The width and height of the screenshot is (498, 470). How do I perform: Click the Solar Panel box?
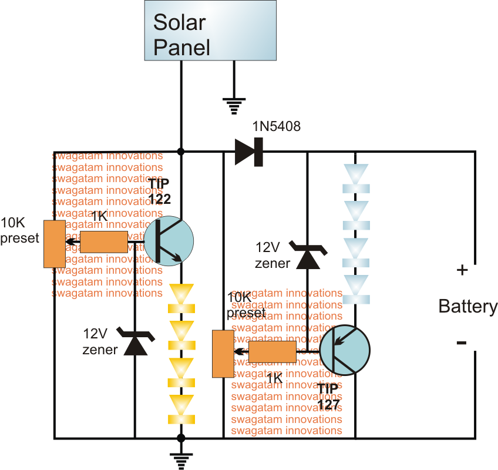210,30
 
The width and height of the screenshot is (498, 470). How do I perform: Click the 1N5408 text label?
276,126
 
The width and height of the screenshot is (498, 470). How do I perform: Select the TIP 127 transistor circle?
345,351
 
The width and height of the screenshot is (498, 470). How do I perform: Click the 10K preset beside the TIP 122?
55,243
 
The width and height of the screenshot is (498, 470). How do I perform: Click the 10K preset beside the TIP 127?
223,353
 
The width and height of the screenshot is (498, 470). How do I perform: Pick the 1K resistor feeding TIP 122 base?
103,241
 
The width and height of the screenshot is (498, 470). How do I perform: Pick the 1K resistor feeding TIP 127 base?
272,352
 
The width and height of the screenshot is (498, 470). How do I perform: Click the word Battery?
468,306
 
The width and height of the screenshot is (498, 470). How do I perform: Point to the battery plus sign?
462,271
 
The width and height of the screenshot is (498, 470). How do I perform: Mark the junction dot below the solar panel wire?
181,152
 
